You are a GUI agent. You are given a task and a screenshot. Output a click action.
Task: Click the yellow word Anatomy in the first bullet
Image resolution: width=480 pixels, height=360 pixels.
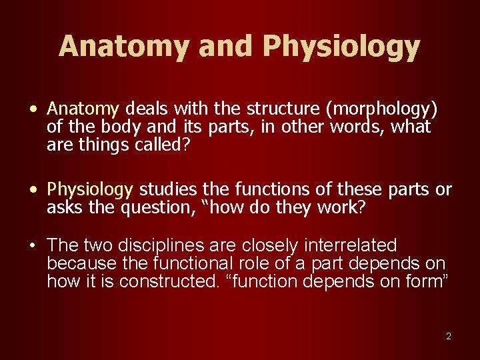tap(83, 109)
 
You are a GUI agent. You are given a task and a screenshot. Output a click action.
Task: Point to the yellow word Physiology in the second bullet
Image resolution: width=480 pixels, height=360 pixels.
tap(90, 191)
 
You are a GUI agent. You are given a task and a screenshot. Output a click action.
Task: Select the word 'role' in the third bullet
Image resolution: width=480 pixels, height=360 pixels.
tap(256, 263)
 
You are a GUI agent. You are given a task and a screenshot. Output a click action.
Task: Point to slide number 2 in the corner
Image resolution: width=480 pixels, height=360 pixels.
tap(449, 336)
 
